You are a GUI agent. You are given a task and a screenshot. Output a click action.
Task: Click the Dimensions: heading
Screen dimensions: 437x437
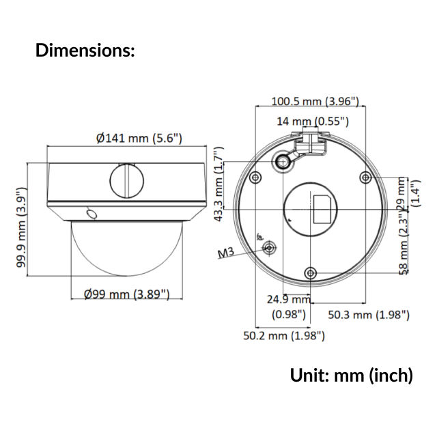click(85, 50)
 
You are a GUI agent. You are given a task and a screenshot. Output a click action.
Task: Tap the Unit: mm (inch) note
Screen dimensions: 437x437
click(351, 375)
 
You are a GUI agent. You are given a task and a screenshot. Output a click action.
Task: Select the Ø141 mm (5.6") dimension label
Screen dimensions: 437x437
click(139, 138)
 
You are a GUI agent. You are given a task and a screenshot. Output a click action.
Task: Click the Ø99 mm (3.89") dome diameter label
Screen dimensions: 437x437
click(127, 294)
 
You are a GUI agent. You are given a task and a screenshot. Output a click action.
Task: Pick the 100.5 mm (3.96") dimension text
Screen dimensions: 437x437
click(315, 101)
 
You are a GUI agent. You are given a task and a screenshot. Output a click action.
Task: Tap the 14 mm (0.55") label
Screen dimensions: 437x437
click(313, 122)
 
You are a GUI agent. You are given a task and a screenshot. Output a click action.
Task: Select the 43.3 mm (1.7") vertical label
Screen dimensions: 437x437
click(218, 184)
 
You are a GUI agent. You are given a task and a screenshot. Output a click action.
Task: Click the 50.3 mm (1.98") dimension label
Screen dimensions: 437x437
click(369, 314)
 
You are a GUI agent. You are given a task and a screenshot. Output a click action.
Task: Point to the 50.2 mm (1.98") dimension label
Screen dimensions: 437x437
click(284, 335)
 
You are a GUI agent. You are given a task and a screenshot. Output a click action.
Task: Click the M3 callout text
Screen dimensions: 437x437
click(225, 253)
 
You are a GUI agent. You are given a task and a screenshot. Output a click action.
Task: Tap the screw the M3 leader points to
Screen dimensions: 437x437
click(269, 246)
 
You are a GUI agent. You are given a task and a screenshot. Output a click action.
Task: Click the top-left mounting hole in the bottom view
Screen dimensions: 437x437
click(255, 178)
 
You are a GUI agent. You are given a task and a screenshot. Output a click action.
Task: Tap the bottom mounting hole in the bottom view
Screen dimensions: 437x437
click(311, 273)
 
